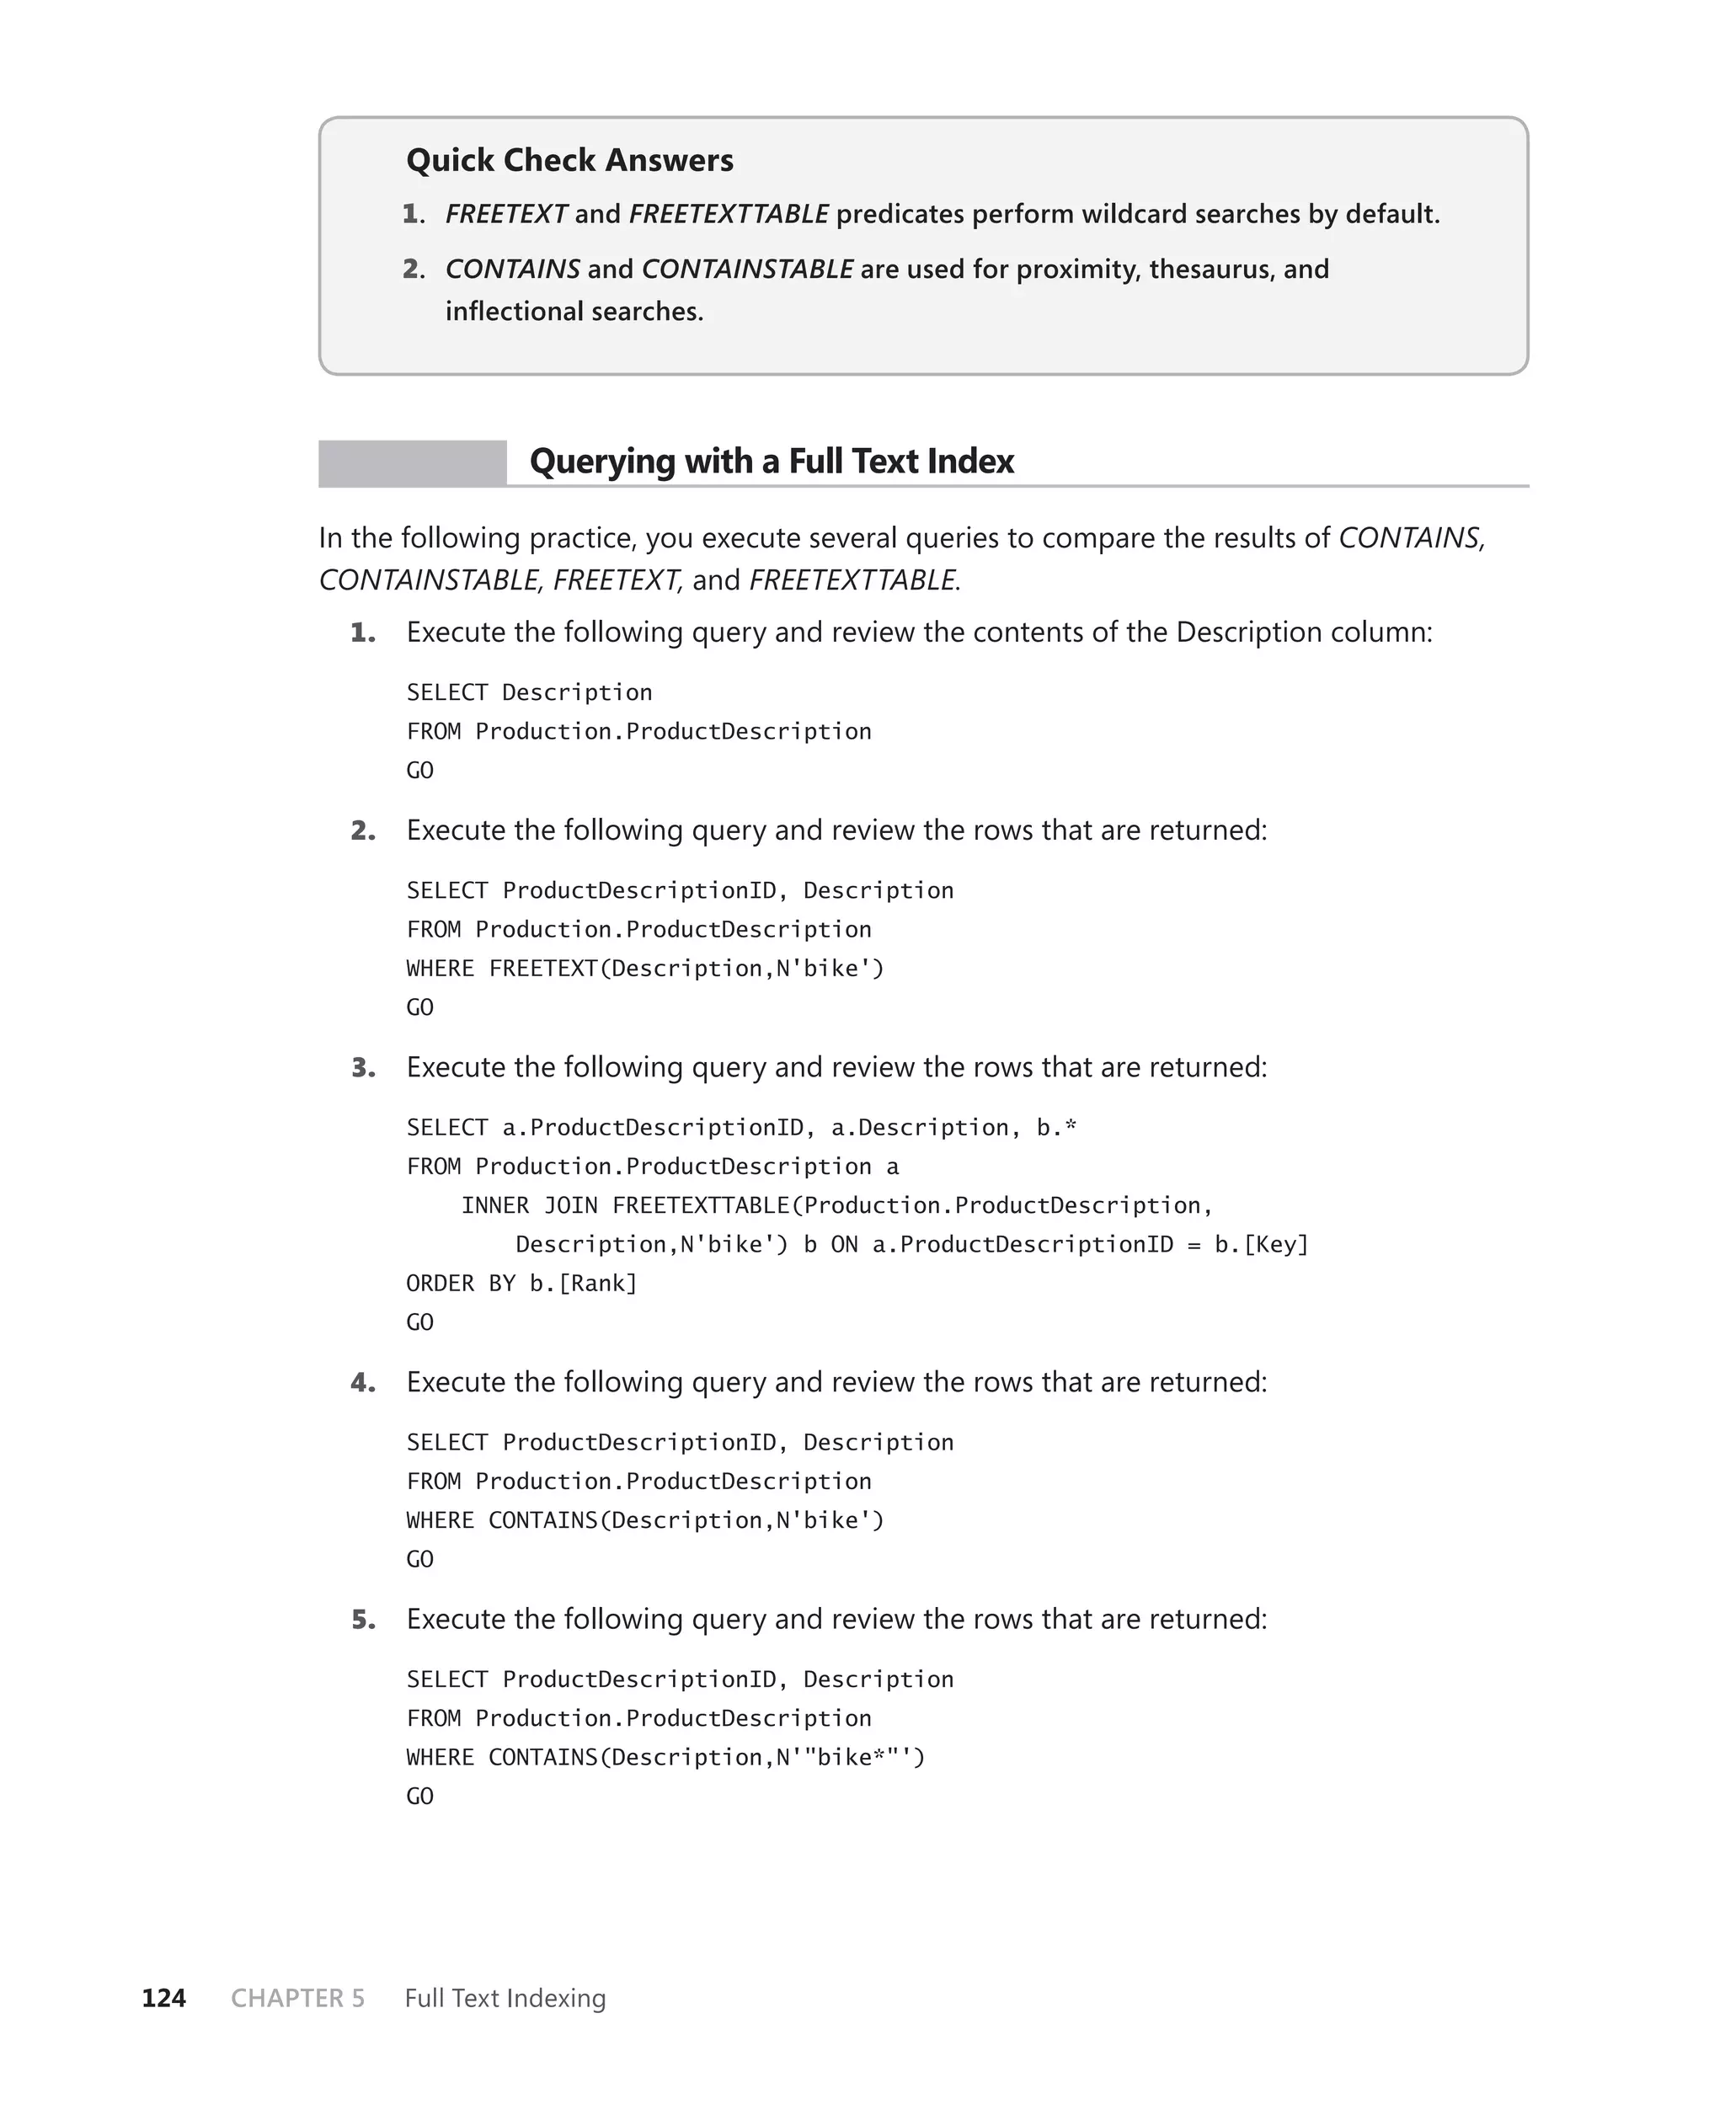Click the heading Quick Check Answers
(569, 160)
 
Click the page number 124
(164, 1998)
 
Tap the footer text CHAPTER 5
(297, 1998)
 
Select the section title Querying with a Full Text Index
(771, 461)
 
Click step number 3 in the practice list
(364, 1068)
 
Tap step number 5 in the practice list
(364, 1619)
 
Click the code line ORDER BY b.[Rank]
(521, 1284)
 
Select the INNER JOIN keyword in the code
(530, 1206)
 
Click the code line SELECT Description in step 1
(529, 692)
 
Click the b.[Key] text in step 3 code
(1261, 1245)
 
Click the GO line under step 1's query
(420, 771)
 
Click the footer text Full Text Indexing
(505, 1998)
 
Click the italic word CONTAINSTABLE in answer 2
(747, 270)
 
